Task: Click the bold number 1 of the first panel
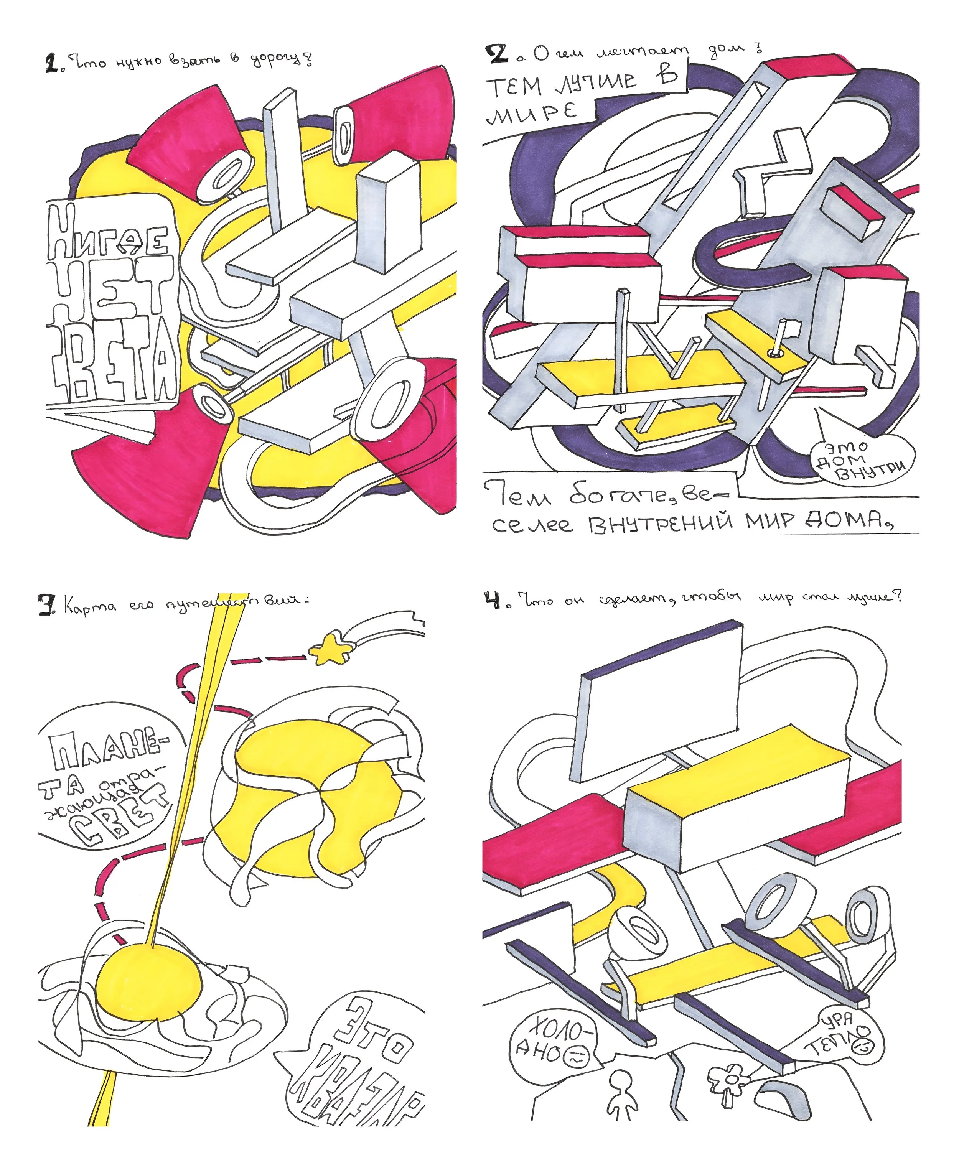coord(51,63)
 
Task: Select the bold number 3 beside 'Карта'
coord(46,605)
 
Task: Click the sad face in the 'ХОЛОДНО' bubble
coord(576,1057)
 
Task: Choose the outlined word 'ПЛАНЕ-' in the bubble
coord(108,751)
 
